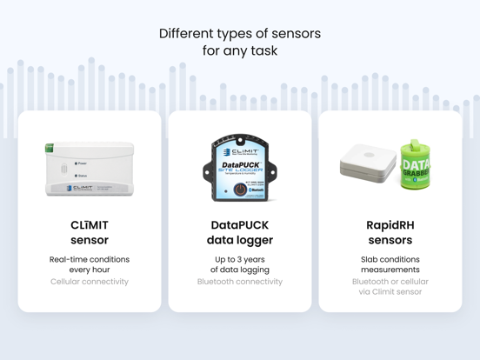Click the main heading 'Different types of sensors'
click(x=239, y=34)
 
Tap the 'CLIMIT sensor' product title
click(x=90, y=232)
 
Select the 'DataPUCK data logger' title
click(x=240, y=232)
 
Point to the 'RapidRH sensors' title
click(x=390, y=232)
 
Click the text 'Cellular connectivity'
click(x=90, y=282)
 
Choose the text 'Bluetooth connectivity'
click(x=240, y=282)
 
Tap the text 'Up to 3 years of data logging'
click(x=240, y=264)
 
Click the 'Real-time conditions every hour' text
click(x=90, y=264)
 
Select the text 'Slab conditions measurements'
click(x=390, y=264)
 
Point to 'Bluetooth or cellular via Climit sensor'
click(x=390, y=287)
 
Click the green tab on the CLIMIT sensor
click(x=50, y=149)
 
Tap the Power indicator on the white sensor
click(x=77, y=163)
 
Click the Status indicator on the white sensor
click(x=77, y=176)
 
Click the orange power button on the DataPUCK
click(x=240, y=190)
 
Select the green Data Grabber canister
click(x=416, y=165)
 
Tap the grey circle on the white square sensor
click(x=369, y=155)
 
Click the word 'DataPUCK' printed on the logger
click(x=238, y=164)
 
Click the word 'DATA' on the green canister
click(x=417, y=163)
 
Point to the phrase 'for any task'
click(x=239, y=51)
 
